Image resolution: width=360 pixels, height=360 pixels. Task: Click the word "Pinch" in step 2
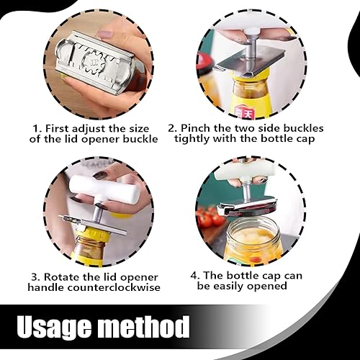point(195,128)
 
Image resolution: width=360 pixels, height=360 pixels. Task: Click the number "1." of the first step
point(37,129)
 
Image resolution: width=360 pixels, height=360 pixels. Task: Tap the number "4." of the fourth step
point(195,276)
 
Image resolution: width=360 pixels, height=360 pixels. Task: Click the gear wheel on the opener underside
point(93,62)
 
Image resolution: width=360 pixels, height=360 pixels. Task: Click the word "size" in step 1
point(140,129)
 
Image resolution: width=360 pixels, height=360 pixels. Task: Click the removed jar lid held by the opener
point(254,211)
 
